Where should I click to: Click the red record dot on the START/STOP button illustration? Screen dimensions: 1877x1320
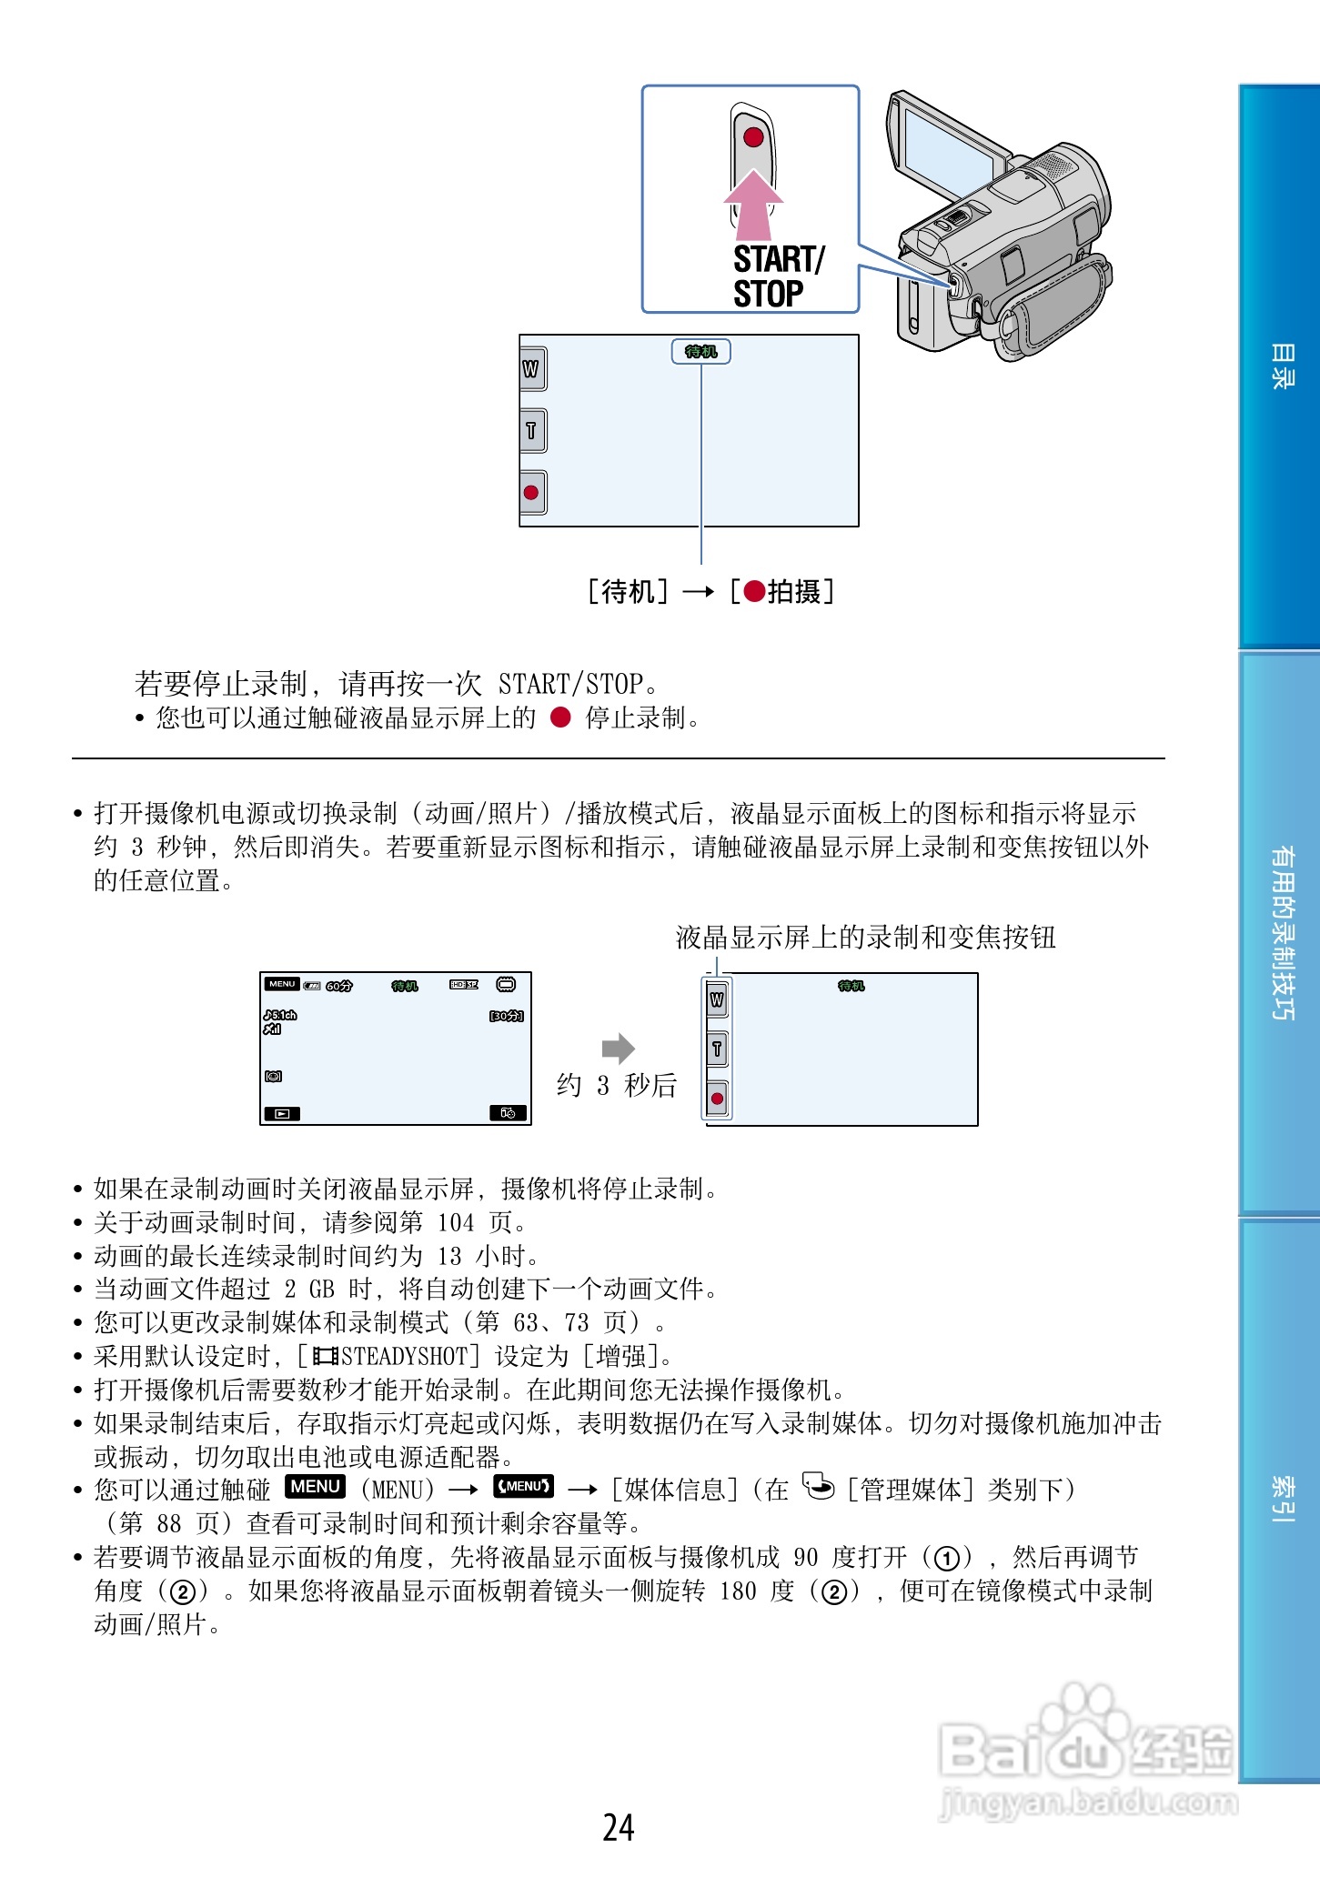[753, 137]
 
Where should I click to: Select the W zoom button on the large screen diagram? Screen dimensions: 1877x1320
[531, 368]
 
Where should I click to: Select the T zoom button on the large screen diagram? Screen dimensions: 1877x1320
[531, 430]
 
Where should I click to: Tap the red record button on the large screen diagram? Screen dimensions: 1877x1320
[531, 492]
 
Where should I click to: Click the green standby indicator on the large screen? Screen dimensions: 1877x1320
[700, 352]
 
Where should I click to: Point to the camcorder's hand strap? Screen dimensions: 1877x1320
[1055, 309]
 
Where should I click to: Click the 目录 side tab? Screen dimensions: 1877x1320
[1281, 366]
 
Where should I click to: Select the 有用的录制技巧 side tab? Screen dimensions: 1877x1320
[1281, 932]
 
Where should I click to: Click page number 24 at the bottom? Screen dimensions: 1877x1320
[619, 1827]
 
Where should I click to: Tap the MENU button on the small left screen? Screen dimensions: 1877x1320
[282, 984]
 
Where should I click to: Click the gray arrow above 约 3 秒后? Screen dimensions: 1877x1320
[618, 1049]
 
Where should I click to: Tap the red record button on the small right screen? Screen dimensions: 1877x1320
[717, 1099]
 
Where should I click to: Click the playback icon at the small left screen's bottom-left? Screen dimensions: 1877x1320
[281, 1113]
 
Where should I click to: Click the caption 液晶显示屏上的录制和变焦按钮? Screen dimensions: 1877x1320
[865, 938]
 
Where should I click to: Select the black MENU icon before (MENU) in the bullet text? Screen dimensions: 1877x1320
[315, 1486]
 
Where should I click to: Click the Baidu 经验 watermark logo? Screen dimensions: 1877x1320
[1087, 1751]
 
